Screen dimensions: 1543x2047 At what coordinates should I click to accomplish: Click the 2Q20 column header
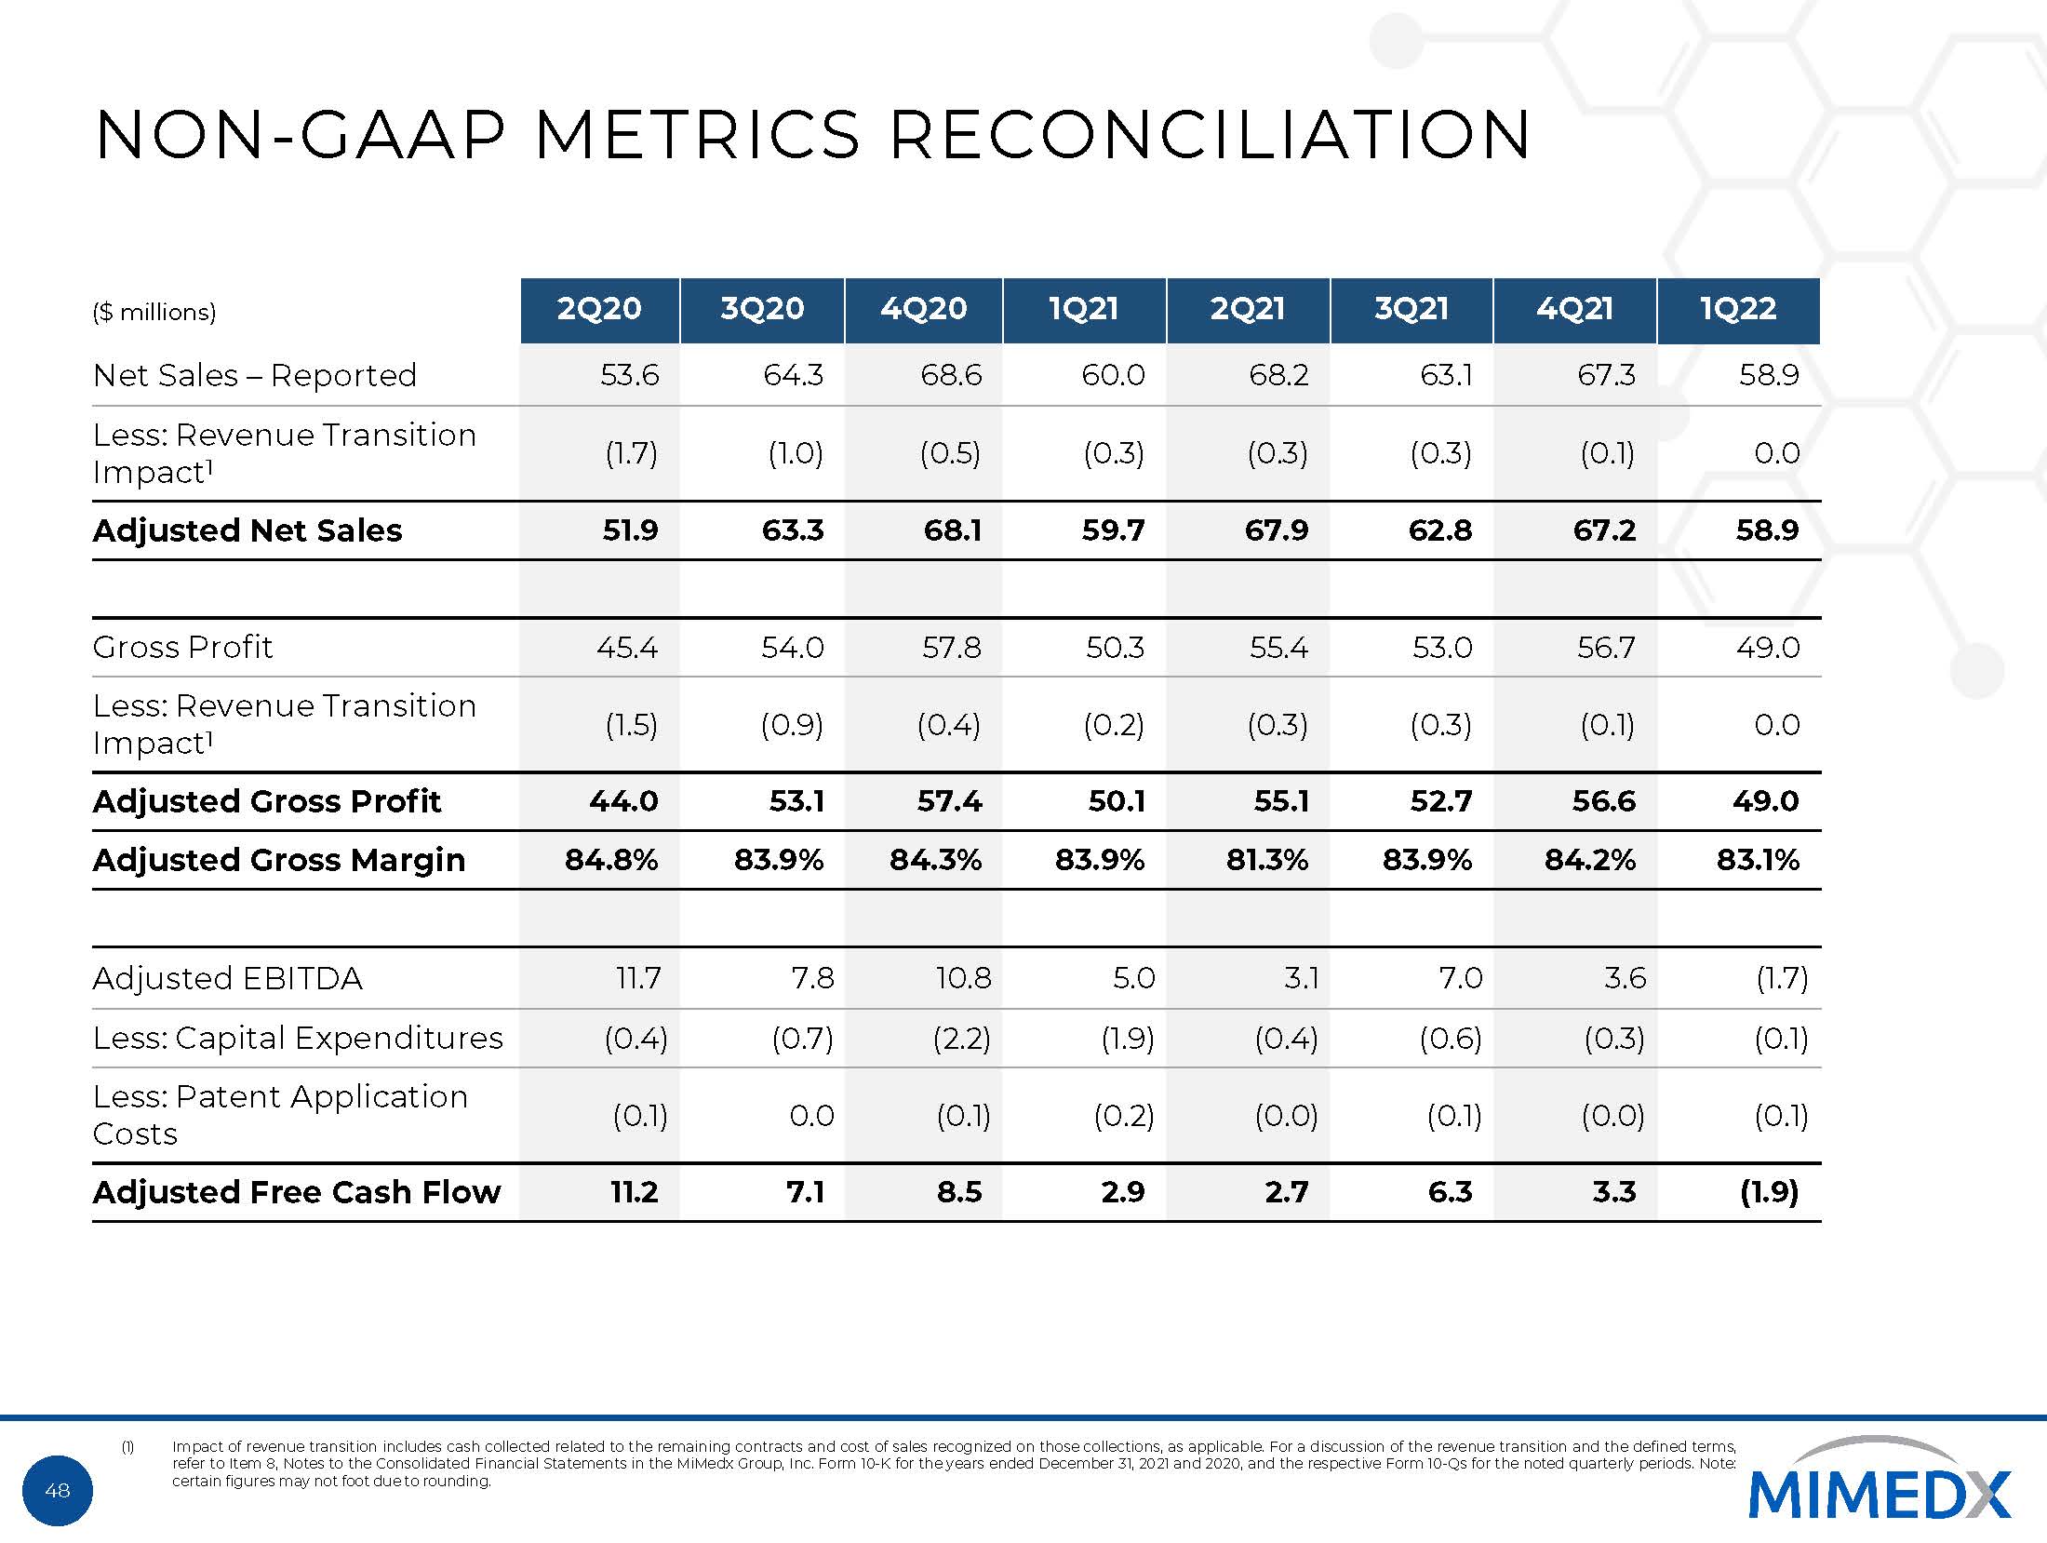pyautogui.click(x=599, y=309)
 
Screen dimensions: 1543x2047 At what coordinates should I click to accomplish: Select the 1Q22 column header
pyautogui.click(x=1738, y=309)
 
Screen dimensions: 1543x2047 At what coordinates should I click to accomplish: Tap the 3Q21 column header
pyautogui.click(x=1411, y=309)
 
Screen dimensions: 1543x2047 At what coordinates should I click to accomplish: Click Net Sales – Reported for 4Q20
pyautogui.click(x=951, y=375)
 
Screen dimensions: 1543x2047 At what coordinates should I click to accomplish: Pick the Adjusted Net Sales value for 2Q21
pyautogui.click(x=1277, y=530)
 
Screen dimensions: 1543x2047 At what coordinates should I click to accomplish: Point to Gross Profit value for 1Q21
pyautogui.click(x=1115, y=647)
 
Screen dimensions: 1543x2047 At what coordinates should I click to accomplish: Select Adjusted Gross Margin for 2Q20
pyautogui.click(x=611, y=859)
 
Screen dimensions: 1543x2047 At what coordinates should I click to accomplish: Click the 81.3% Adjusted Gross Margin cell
pyautogui.click(x=1266, y=859)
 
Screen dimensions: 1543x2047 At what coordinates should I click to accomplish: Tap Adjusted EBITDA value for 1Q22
pyautogui.click(x=1781, y=978)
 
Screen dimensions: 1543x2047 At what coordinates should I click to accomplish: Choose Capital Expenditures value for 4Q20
pyautogui.click(x=961, y=1038)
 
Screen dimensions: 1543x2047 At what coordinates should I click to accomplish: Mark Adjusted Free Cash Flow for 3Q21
pyautogui.click(x=1450, y=1192)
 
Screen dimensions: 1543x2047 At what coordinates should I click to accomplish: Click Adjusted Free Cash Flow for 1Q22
pyautogui.click(x=1769, y=1192)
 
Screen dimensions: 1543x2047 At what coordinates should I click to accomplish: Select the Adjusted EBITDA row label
pyautogui.click(x=228, y=978)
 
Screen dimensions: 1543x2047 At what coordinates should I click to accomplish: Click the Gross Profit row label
pyautogui.click(x=183, y=647)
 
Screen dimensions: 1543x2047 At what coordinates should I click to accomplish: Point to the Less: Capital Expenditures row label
pyautogui.click(x=298, y=1038)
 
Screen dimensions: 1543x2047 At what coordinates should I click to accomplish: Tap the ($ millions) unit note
pyautogui.click(x=154, y=312)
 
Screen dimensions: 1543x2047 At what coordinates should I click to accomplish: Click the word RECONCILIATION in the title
pyautogui.click(x=1210, y=135)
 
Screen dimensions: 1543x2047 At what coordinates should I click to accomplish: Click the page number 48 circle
pyautogui.click(x=58, y=1491)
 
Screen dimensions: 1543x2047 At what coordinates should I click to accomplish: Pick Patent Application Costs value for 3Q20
pyautogui.click(x=811, y=1115)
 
